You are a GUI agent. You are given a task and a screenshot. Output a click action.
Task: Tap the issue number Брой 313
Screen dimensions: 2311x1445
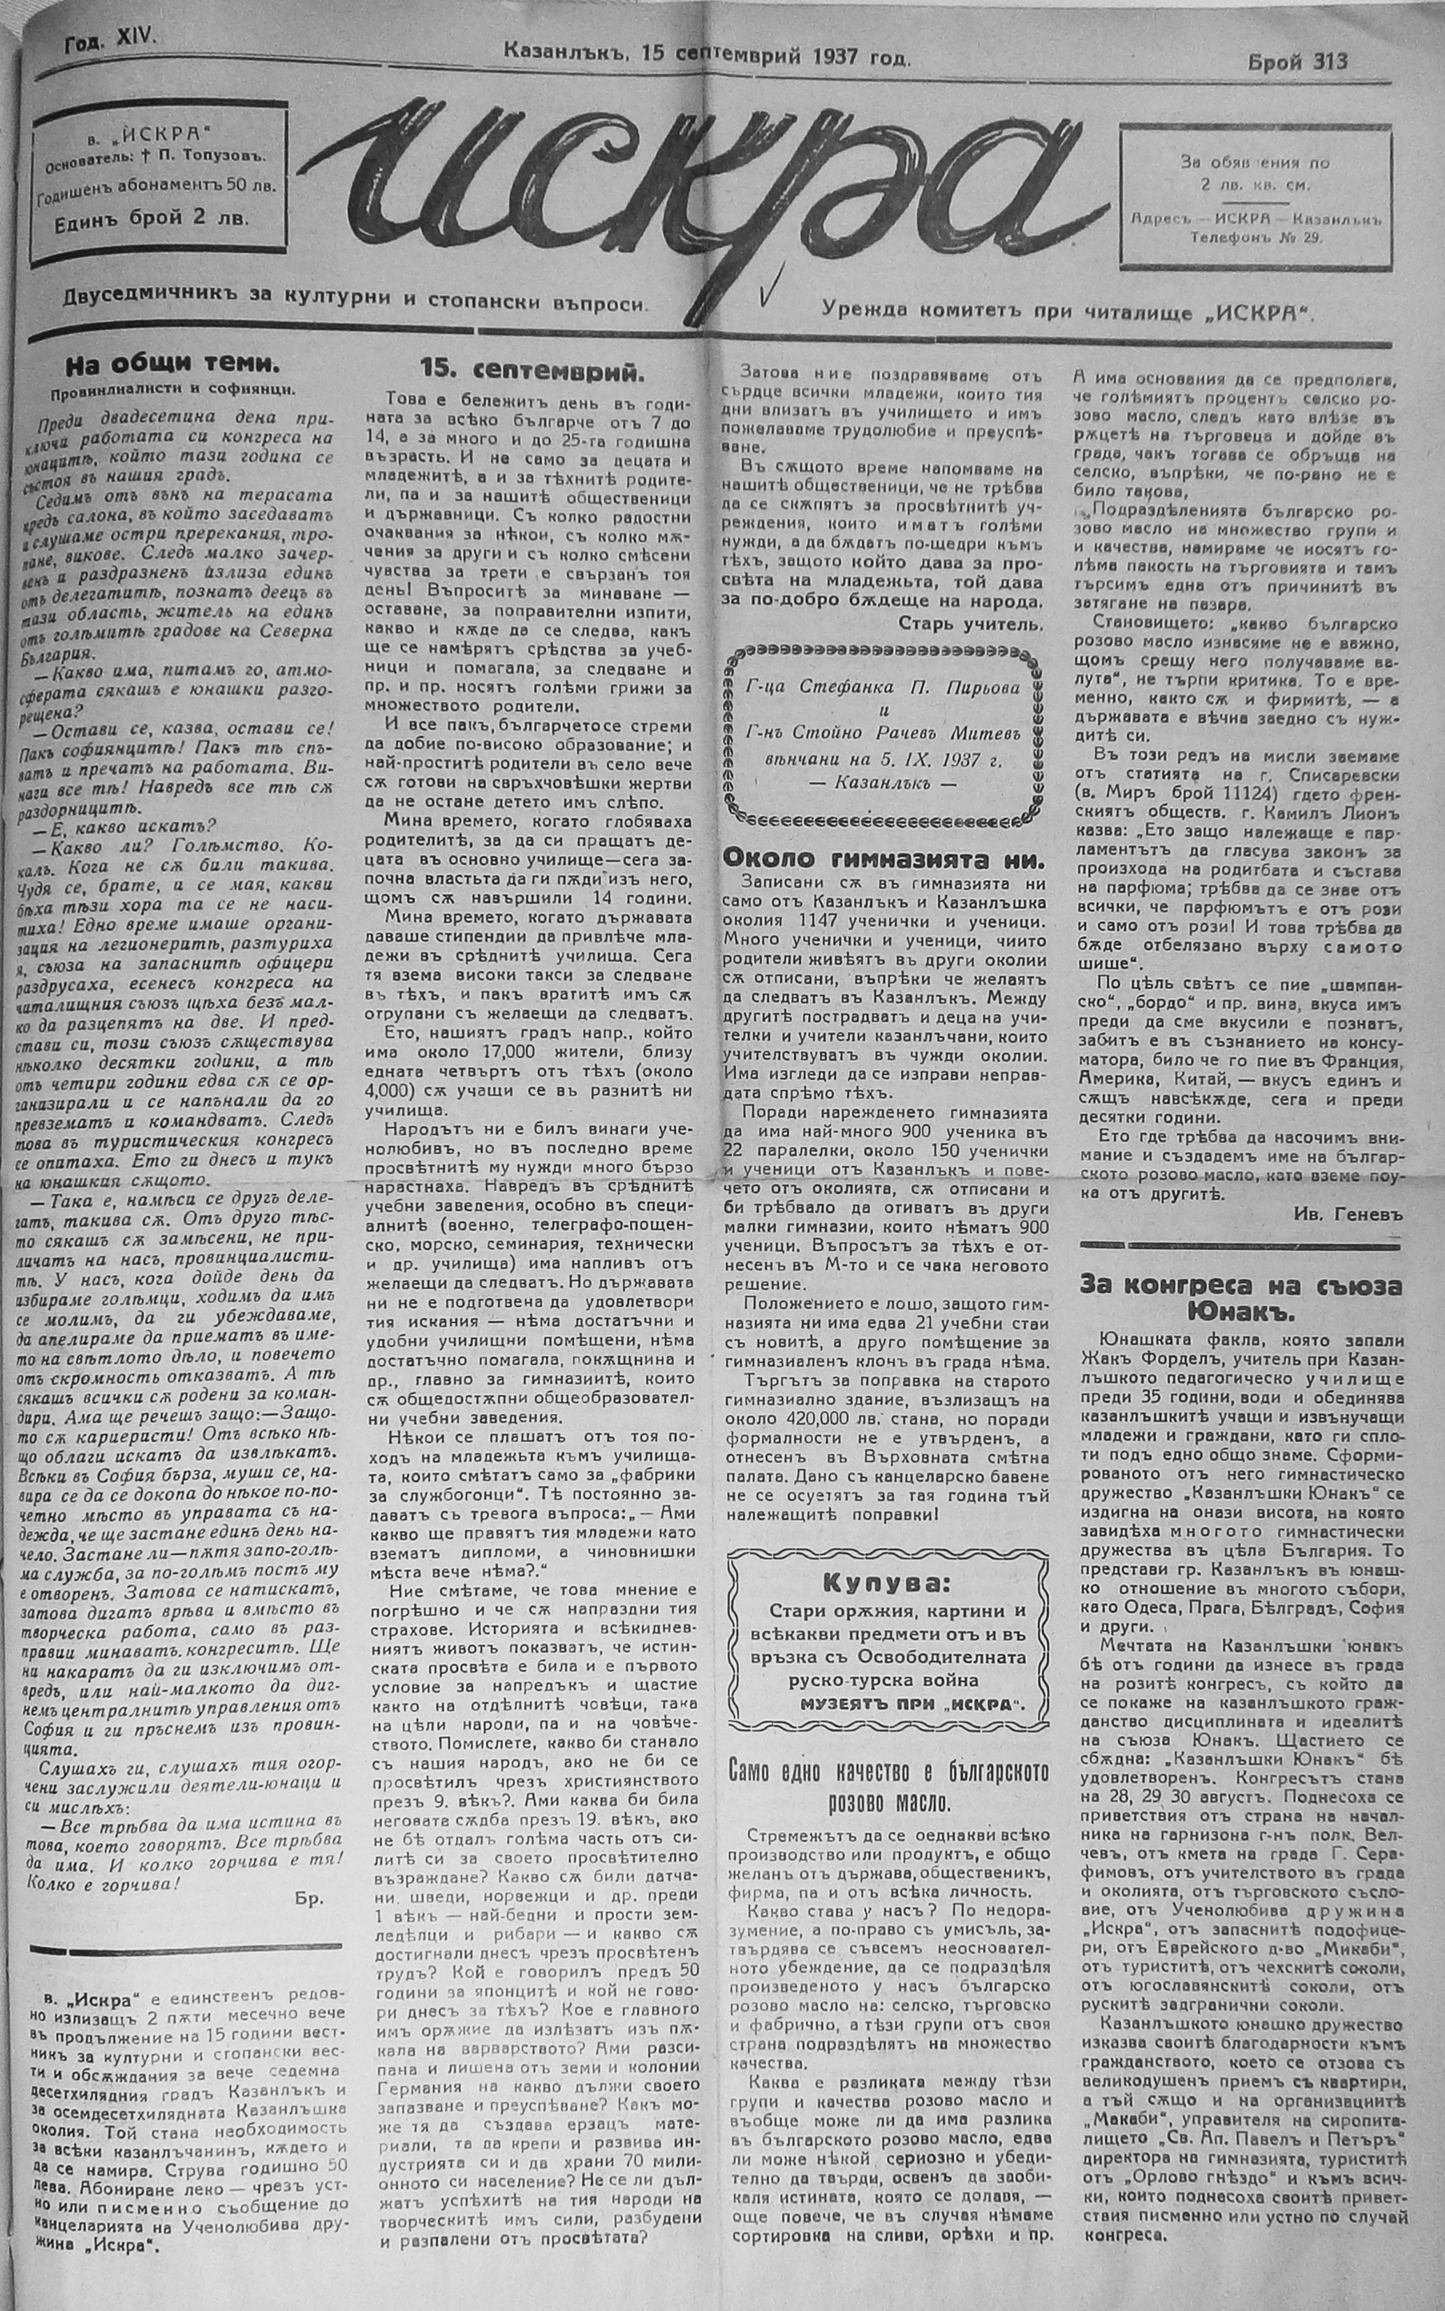[x=1297, y=62]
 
